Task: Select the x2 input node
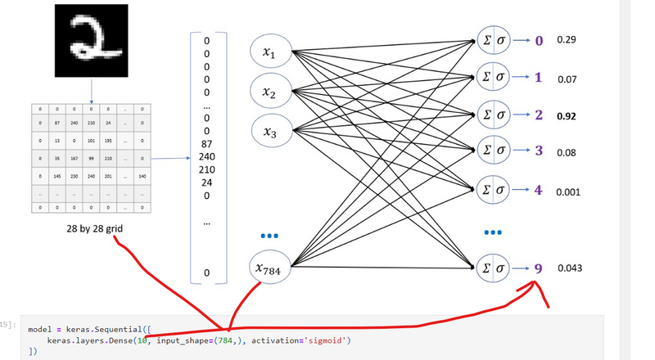pyautogui.click(x=269, y=92)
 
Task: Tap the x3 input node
pyautogui.click(x=269, y=131)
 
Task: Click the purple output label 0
pyautogui.click(x=538, y=40)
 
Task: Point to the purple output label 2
pyautogui.click(x=538, y=115)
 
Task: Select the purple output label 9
pyautogui.click(x=538, y=268)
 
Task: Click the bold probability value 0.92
pyautogui.click(x=566, y=116)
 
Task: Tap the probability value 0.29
pyautogui.click(x=566, y=40)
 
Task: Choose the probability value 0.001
pyautogui.click(x=567, y=192)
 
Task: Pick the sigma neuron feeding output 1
pyautogui.click(x=493, y=78)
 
